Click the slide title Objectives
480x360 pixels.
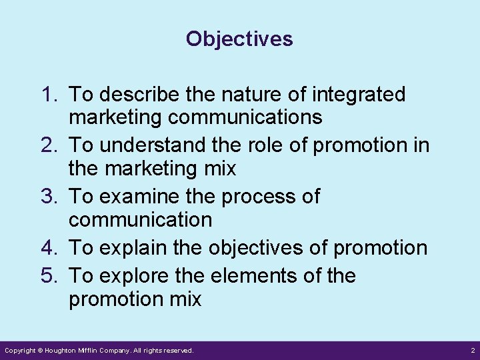pyautogui.click(x=239, y=39)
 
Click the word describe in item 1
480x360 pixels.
pyautogui.click(x=137, y=95)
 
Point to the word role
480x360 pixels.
pyautogui.click(x=257, y=146)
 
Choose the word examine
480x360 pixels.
pyautogui.click(x=135, y=197)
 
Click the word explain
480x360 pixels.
pyautogui.click(x=129, y=248)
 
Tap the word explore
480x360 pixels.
pyautogui.click(x=130, y=275)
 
